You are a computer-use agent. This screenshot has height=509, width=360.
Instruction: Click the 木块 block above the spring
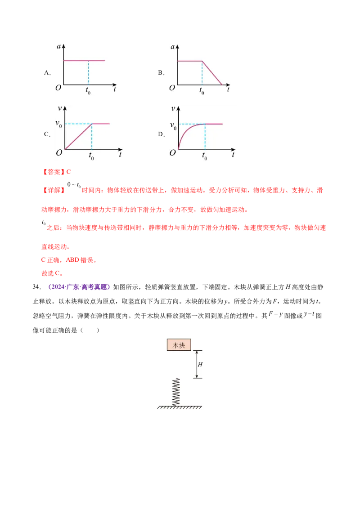(x=179, y=345)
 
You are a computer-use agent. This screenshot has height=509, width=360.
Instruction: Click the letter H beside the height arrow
(x=200, y=364)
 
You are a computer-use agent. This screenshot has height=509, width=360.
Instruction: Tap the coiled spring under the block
(x=176, y=391)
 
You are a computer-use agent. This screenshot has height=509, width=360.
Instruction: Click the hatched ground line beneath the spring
(x=179, y=407)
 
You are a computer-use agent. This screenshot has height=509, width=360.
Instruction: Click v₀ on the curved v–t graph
(x=173, y=126)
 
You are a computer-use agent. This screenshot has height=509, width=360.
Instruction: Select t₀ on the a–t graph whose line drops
(x=202, y=91)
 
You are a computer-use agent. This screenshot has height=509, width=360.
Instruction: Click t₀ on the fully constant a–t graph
(x=88, y=91)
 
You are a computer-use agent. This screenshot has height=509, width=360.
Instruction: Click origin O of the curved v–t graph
(x=172, y=153)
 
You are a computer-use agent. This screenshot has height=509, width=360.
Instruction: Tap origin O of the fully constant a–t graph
(x=58, y=88)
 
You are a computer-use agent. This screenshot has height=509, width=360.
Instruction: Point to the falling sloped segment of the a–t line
(x=212, y=72)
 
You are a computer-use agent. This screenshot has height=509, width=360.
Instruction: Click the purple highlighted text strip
(x=79, y=287)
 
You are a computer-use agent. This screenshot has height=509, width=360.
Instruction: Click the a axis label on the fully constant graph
(x=59, y=47)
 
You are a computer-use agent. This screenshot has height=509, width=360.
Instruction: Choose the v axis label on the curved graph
(x=173, y=108)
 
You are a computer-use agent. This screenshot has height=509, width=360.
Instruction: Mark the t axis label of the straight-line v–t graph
(x=120, y=154)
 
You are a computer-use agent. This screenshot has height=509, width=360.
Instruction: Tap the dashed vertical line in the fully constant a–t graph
(x=88, y=72)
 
